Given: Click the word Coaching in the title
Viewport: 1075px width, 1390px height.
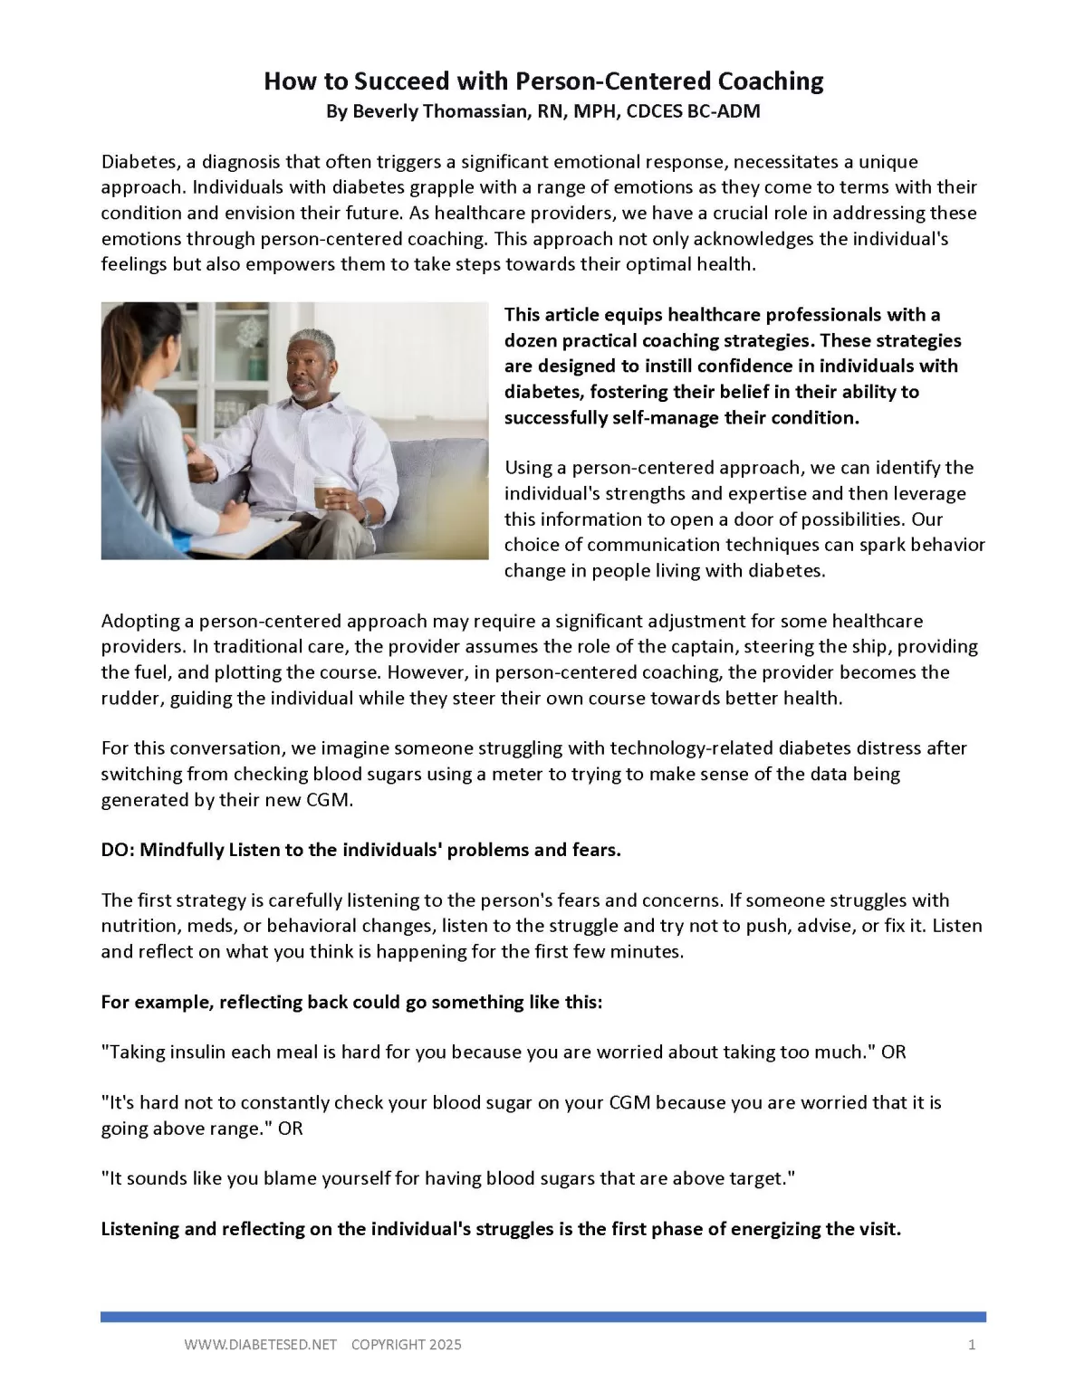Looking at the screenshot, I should point(770,81).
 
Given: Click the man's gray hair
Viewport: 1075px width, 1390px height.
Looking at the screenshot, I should point(312,342).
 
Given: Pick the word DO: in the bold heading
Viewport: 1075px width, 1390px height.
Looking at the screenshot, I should point(117,850).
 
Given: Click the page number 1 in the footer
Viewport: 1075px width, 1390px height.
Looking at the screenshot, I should point(972,1345).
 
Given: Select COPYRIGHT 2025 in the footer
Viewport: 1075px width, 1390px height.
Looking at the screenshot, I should point(406,1345).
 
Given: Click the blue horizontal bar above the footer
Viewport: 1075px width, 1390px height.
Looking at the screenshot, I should point(543,1317).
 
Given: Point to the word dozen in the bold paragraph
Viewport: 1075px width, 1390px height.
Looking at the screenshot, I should point(530,340).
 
